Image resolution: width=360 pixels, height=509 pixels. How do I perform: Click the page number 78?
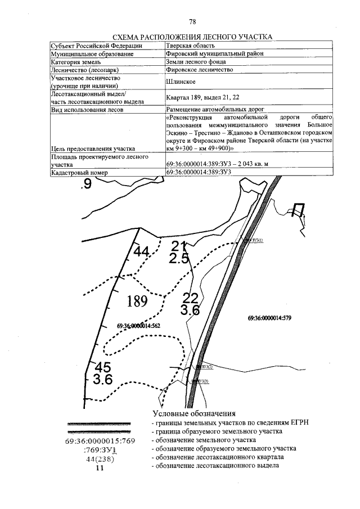pos(192,22)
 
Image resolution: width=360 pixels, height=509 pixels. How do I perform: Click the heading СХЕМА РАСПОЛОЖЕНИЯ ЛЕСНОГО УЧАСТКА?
pos(193,37)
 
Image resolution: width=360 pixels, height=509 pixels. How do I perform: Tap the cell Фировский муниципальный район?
pos(215,53)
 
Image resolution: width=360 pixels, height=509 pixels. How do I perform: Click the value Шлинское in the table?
pos(181,82)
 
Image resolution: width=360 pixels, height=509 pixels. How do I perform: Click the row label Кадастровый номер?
pos(79,173)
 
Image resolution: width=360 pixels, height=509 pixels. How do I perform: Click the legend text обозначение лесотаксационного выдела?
pos(217,466)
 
